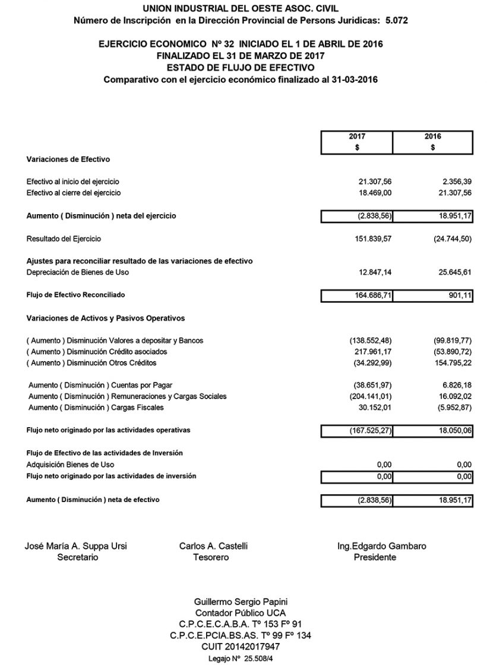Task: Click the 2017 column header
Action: pyautogui.click(x=357, y=136)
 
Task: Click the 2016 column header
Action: pyautogui.click(x=433, y=136)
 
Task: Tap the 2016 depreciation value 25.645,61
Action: pyautogui.click(x=453, y=272)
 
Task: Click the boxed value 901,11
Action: pyautogui.click(x=461, y=295)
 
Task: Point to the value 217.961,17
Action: pyautogui.click(x=375, y=352)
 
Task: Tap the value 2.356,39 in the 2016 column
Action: pyautogui.click(x=455, y=181)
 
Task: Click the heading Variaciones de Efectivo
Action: pyautogui.click(x=68, y=159)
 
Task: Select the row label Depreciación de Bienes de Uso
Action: pyautogui.click(x=77, y=272)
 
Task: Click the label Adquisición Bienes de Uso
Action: pyautogui.click(x=70, y=465)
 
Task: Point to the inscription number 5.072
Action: pyautogui.click(x=396, y=20)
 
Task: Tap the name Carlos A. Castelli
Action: pyautogui.click(x=213, y=546)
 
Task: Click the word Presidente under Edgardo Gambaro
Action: pyautogui.click(x=375, y=557)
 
